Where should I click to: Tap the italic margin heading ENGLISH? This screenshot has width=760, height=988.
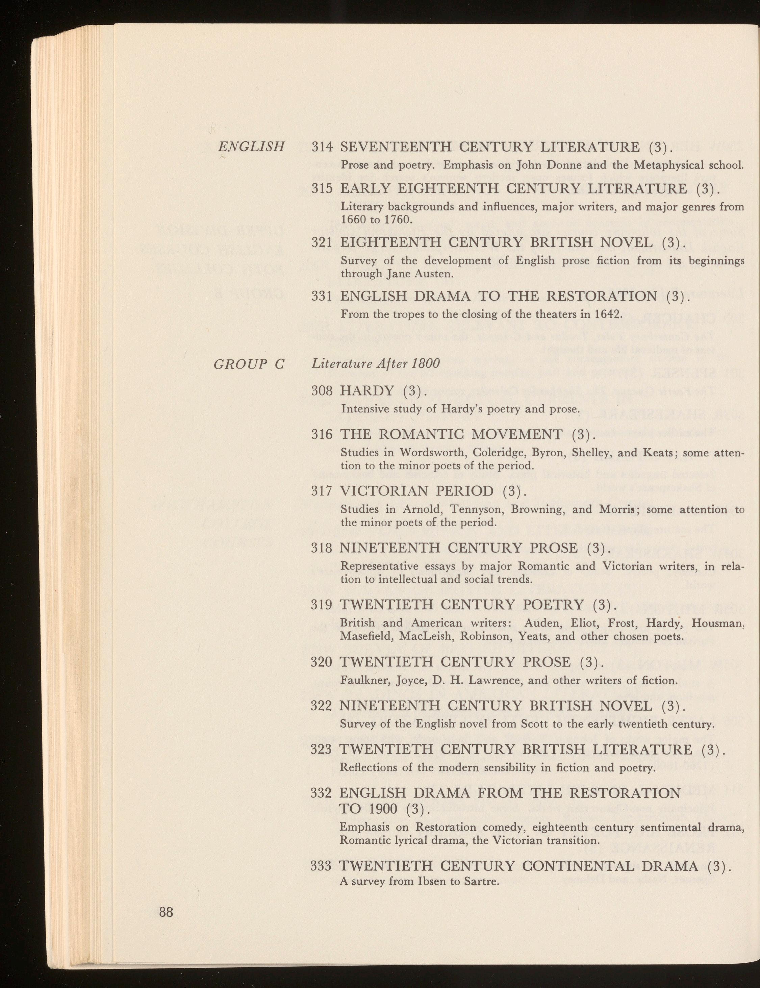[251, 147]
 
